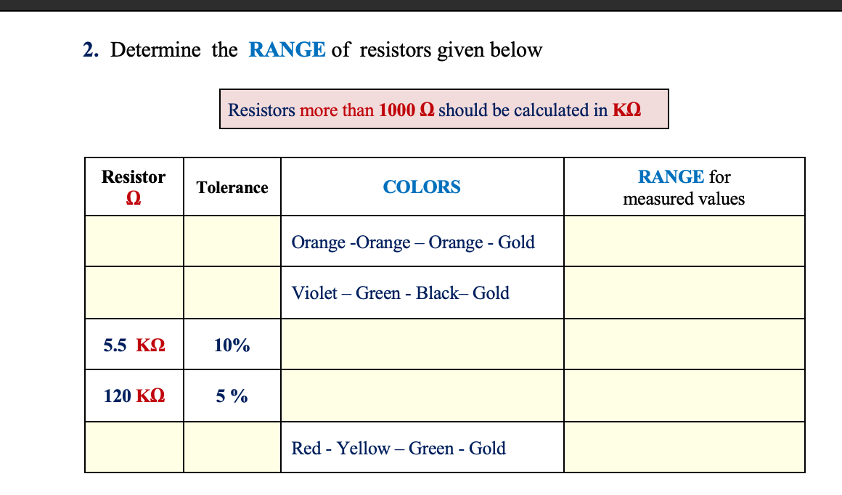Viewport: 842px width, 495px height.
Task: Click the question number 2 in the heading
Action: (x=89, y=51)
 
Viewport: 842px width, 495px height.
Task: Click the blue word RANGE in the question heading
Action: (x=287, y=50)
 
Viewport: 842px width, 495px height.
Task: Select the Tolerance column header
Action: (x=232, y=188)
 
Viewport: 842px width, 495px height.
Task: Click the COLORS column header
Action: (x=422, y=187)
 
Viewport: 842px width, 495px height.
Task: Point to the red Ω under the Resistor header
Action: (x=134, y=198)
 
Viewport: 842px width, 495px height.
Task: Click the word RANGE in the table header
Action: (x=671, y=177)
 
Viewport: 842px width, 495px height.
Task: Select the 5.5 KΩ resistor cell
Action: (x=134, y=345)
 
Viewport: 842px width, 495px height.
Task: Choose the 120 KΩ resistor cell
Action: (x=134, y=396)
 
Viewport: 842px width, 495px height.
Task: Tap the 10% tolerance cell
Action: (x=232, y=345)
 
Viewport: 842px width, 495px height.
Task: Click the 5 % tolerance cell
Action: (x=232, y=396)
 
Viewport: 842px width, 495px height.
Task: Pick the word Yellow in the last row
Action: (x=363, y=449)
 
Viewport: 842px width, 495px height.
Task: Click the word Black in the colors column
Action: (x=437, y=293)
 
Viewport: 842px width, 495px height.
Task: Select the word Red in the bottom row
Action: (x=306, y=449)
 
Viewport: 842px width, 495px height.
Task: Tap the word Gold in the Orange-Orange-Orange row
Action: (x=516, y=242)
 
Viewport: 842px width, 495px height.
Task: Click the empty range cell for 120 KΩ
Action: (x=684, y=396)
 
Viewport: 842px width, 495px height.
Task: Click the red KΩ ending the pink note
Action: (x=626, y=110)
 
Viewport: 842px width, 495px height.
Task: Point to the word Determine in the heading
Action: (x=155, y=51)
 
